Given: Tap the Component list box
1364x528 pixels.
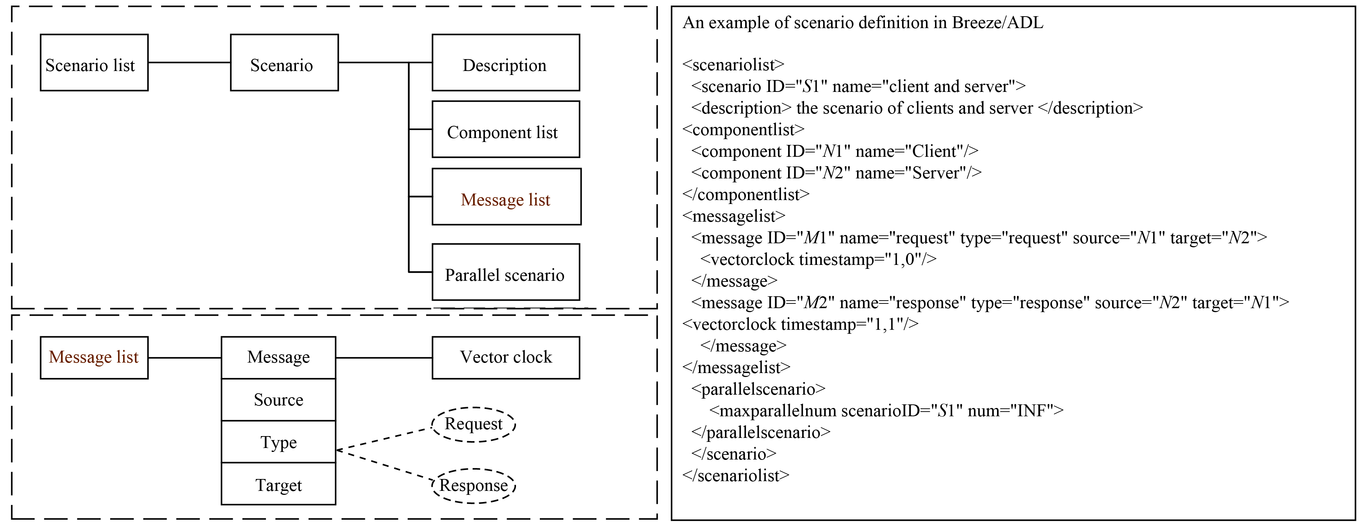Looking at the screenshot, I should point(506,130).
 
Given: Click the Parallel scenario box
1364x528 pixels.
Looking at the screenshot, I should point(506,272).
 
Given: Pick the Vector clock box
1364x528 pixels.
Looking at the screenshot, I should point(506,358).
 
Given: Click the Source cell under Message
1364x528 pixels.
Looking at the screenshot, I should point(279,400).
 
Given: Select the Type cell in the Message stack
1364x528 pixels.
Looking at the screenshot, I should point(279,442).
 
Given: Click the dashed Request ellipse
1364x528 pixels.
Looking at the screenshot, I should point(473,424).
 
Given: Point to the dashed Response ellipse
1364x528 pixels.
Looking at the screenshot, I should point(473,486).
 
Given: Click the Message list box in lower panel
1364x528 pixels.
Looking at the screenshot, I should point(94,358).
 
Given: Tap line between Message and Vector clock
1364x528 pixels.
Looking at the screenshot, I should point(384,358).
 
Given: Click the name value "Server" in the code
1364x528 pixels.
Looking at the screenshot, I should point(935,173).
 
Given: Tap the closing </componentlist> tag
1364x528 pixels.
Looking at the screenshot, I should point(746,195).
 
